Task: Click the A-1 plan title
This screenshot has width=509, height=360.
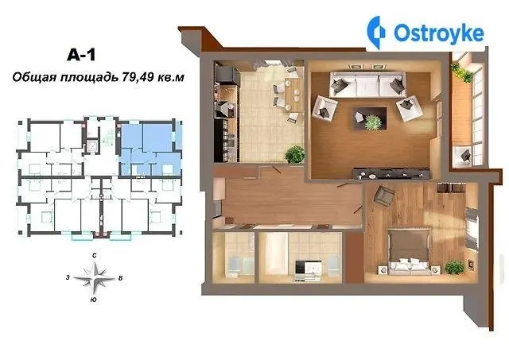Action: [81, 55]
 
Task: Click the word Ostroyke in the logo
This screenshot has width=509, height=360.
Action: [439, 33]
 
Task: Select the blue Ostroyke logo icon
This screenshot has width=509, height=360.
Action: [376, 33]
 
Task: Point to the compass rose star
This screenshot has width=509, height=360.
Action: [94, 278]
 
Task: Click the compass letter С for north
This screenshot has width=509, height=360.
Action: [94, 256]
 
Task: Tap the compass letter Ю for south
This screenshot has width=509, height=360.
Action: [93, 300]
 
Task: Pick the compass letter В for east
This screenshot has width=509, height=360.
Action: [120, 278]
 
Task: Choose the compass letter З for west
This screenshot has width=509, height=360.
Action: [68, 277]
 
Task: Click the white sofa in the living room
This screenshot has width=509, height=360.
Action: [367, 84]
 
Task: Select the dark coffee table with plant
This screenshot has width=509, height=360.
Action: [370, 118]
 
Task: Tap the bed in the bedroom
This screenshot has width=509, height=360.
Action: [409, 253]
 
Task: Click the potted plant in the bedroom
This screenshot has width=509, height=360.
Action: [454, 268]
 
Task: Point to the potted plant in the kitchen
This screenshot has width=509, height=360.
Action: [295, 154]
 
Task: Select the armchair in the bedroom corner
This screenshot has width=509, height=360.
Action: [384, 195]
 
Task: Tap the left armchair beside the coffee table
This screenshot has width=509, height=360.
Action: [324, 106]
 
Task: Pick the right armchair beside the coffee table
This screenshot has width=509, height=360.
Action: [410, 109]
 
